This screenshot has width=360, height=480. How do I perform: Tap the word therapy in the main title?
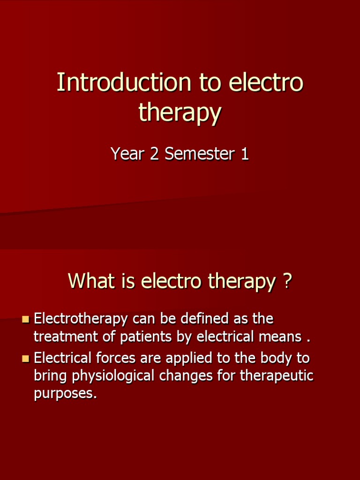(180, 113)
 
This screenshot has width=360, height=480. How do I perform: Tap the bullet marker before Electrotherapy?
(26, 320)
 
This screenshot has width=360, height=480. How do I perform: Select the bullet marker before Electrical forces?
(26, 359)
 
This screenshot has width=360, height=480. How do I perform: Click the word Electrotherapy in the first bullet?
(81, 319)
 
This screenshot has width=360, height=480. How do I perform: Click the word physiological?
(111, 376)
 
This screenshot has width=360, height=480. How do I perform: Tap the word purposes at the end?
(65, 394)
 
